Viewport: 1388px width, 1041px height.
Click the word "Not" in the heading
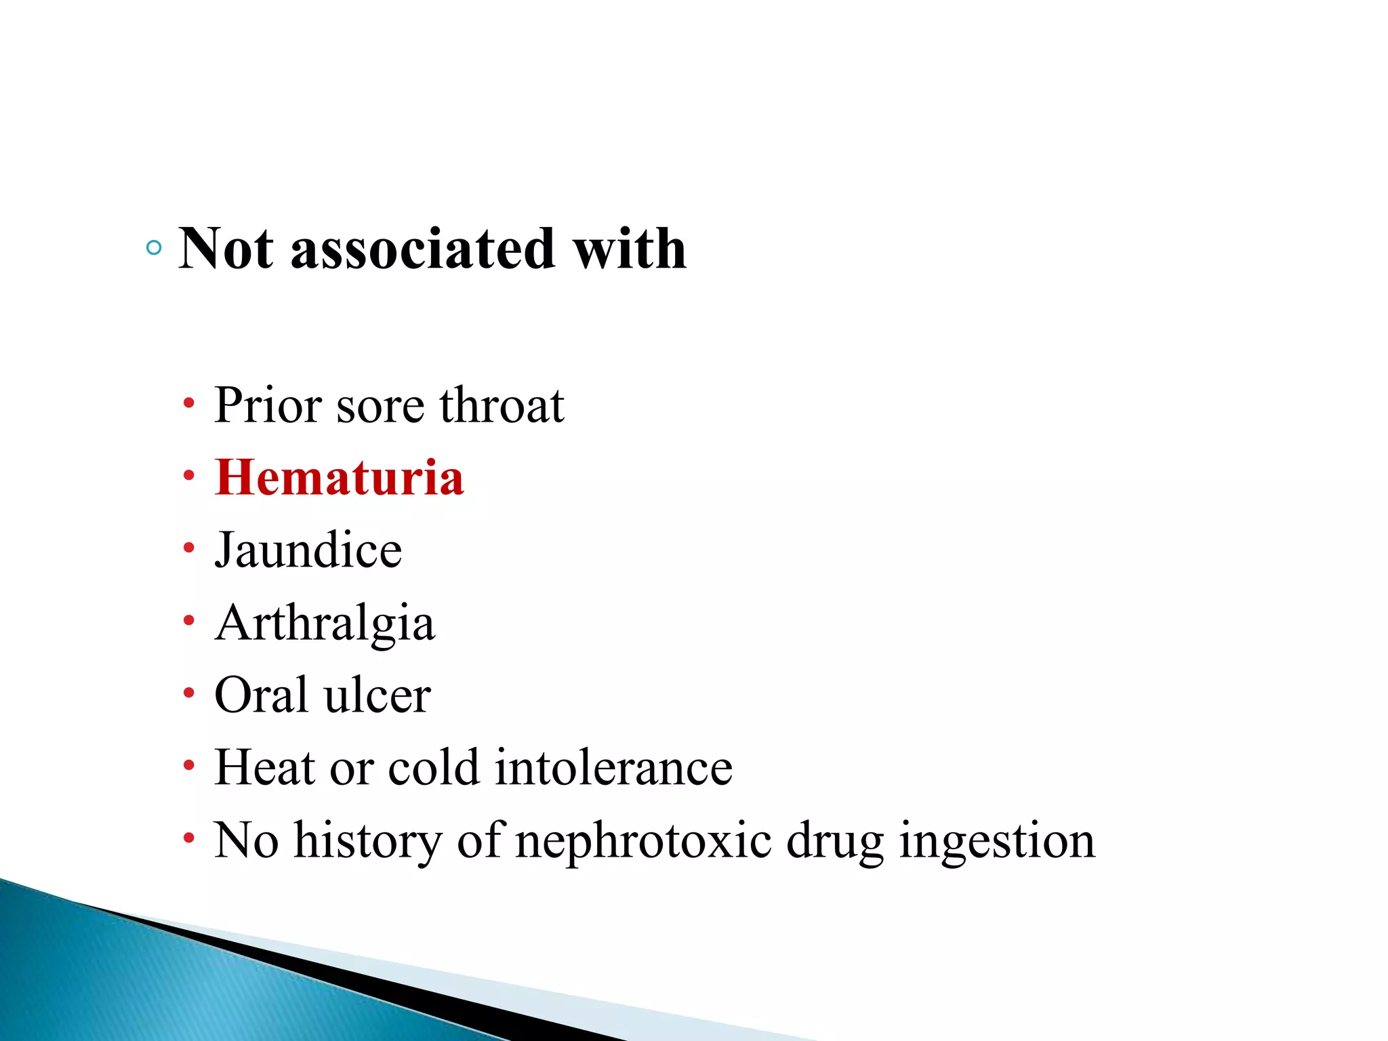coord(226,249)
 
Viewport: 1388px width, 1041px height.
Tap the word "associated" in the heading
coord(423,249)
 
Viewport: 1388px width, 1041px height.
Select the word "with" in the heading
coord(630,249)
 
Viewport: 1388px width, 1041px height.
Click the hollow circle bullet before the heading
coord(154,248)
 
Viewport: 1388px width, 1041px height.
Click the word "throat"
coord(502,405)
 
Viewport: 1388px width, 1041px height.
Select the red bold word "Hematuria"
coord(339,478)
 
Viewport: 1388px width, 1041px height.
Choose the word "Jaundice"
coord(308,550)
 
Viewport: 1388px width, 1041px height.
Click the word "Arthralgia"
coord(325,623)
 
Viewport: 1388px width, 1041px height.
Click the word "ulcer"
coord(377,695)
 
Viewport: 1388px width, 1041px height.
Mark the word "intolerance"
coord(613,768)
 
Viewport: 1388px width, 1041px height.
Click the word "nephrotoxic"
coord(643,840)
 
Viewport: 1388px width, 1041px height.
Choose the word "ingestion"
coord(997,840)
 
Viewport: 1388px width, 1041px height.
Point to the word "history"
coord(368,840)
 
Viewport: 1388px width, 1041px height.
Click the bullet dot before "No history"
coord(188,838)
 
